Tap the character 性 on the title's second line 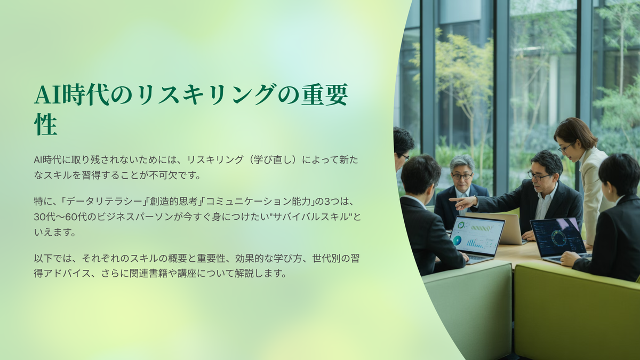coord(46,125)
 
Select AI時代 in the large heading coord(72,94)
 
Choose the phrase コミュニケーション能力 coord(258,202)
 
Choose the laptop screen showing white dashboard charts coord(477,236)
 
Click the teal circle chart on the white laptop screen coord(457,241)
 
